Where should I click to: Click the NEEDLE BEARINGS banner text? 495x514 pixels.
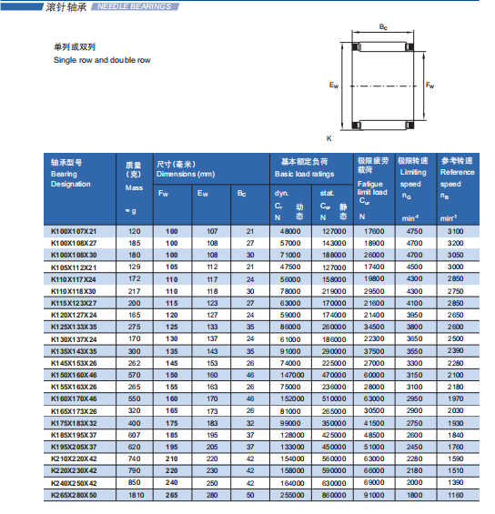point(134,6)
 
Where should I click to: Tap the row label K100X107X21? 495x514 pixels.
point(74,231)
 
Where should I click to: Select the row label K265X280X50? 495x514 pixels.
point(74,495)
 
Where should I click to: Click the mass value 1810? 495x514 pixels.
point(136,495)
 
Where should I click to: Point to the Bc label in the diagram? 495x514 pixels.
point(383,27)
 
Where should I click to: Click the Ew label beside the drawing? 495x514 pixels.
point(334,86)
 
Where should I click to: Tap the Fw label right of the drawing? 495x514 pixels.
point(429,86)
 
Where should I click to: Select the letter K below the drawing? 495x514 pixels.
point(329,138)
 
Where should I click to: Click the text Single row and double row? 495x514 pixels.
point(102,60)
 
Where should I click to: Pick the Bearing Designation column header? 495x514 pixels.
point(70,179)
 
